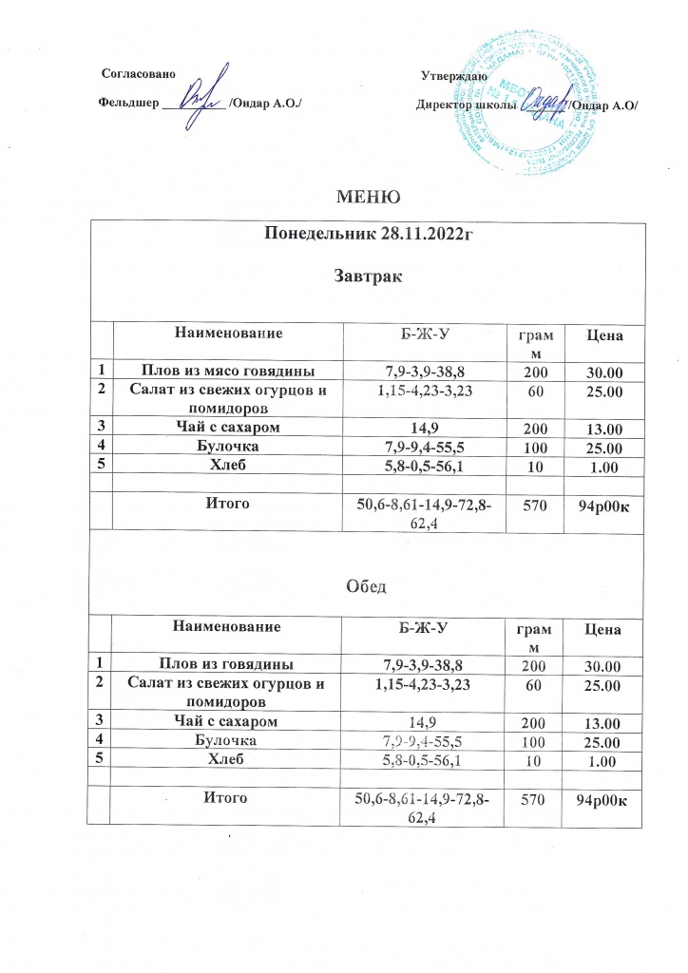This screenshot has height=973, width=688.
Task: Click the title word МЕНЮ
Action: pos(366,197)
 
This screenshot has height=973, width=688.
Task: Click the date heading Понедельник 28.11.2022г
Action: pos(366,237)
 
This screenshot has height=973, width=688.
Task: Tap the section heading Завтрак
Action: pos(366,277)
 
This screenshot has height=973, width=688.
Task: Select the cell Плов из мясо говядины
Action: pos(227,369)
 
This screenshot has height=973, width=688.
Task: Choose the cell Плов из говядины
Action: pos(227,662)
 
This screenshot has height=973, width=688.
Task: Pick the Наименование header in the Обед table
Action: pos(227,627)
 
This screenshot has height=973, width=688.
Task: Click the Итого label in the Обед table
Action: pos(227,797)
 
